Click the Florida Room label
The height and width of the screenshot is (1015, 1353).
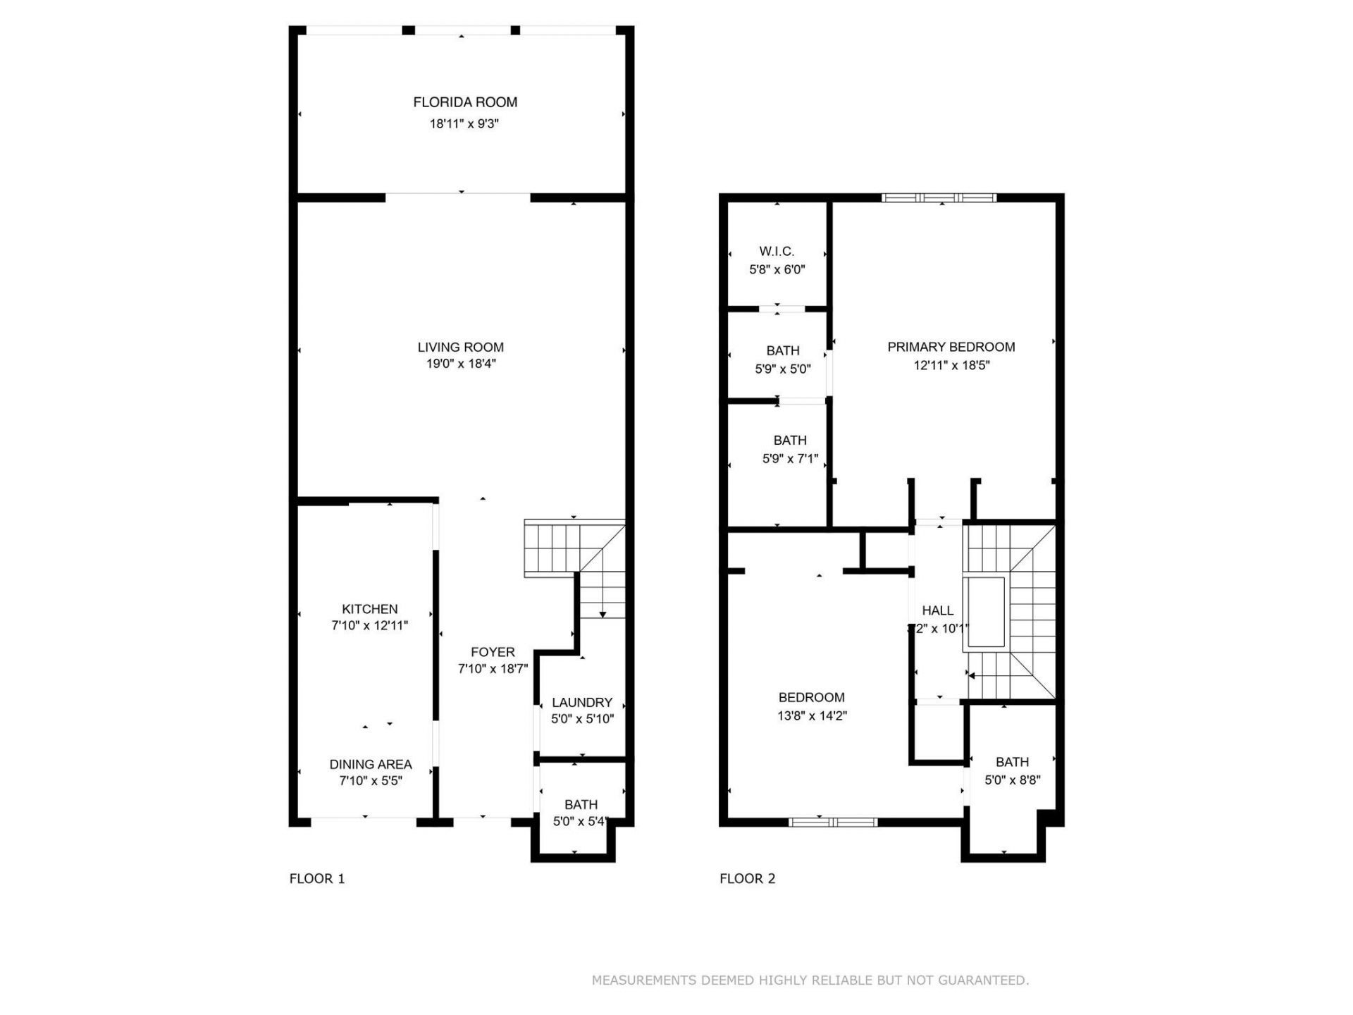(465, 102)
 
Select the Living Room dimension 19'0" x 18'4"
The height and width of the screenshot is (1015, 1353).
(461, 364)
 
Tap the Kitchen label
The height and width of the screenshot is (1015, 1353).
(370, 609)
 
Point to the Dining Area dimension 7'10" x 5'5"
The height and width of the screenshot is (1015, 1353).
(371, 781)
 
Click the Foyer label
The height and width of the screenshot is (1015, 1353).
(493, 652)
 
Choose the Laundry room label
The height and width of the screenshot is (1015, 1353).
(582, 702)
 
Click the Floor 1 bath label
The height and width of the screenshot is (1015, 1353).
(581, 804)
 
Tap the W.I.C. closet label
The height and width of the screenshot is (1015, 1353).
(777, 251)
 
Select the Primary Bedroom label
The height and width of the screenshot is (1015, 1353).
(951, 347)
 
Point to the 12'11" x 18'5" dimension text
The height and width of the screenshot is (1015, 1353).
(951, 365)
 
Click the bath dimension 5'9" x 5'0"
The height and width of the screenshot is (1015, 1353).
(782, 369)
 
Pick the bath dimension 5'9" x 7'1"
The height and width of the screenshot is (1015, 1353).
(790, 459)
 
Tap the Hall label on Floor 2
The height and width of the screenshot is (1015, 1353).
(937, 610)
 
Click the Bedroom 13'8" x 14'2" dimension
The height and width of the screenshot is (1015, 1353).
(812, 716)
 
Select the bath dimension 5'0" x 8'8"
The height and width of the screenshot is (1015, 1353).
(1012, 780)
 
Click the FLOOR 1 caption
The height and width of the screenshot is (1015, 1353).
(317, 878)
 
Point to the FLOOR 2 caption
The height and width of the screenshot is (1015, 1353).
(747, 878)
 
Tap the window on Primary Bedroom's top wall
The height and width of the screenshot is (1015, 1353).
(939, 198)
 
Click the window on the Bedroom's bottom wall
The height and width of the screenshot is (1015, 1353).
(833, 822)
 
